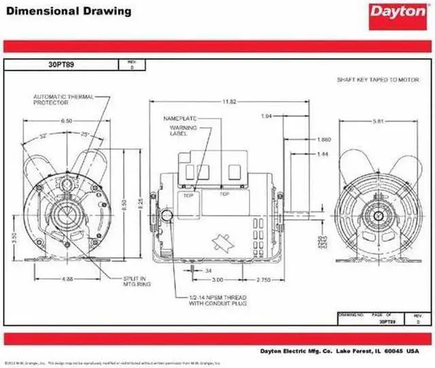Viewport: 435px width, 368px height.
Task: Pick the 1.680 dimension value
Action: click(324, 139)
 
